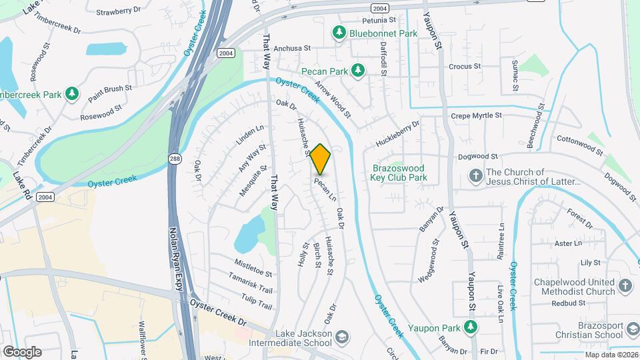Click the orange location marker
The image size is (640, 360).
coord(320,159)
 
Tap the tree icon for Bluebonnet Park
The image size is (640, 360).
coord(339,32)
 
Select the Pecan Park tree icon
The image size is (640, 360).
coord(359,69)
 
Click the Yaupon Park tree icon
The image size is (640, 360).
coord(471,327)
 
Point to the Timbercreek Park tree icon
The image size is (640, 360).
coord(72,95)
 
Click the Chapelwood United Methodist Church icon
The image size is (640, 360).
coord(625,286)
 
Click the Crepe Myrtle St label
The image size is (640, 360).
coord(476,115)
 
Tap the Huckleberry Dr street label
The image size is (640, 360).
coord(397,133)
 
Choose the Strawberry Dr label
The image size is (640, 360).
coord(119,12)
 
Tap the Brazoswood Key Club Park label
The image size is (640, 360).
coord(399,173)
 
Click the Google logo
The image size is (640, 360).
coord(22,351)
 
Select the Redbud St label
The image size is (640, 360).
coord(569,303)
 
